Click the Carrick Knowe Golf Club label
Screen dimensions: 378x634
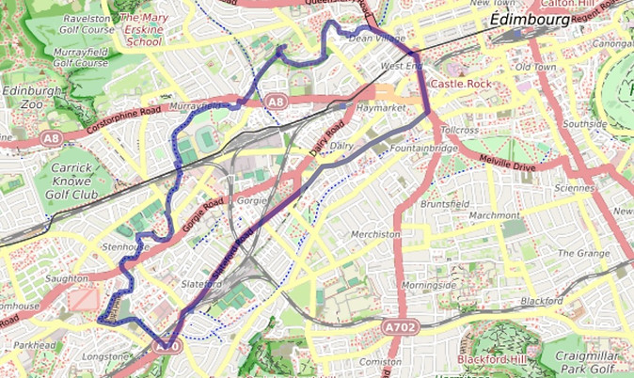(71, 189)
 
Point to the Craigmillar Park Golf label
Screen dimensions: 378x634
(587, 358)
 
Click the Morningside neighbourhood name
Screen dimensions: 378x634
(428, 285)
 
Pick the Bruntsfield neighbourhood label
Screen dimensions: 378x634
(445, 203)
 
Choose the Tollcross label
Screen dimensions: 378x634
(460, 130)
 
